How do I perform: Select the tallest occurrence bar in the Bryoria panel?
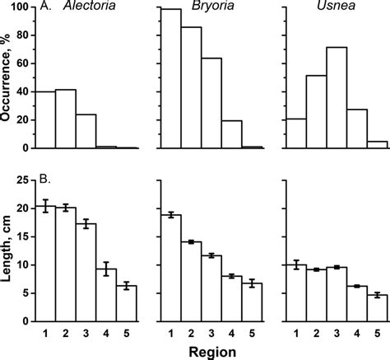tap(170, 79)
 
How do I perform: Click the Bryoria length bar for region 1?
tap(170, 269)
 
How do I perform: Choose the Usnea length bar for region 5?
tap(374, 308)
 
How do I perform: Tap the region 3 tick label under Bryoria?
tap(211, 333)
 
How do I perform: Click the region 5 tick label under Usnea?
tap(374, 333)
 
